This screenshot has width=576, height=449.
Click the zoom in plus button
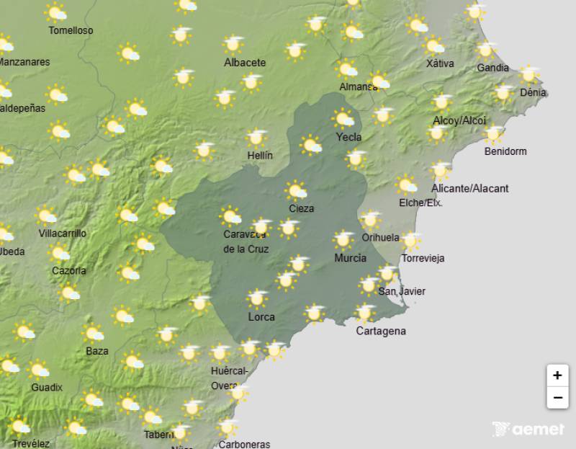[x=557, y=375]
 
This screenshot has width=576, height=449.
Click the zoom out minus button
[x=557, y=397]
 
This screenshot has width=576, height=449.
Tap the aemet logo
[x=528, y=430]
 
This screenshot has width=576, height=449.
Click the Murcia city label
[x=350, y=258]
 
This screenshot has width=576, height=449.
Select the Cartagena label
[x=381, y=332]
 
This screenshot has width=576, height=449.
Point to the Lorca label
[x=261, y=316]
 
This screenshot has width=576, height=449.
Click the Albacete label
[x=245, y=63]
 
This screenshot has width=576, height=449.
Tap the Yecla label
[x=348, y=137]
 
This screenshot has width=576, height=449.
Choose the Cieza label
[x=301, y=209]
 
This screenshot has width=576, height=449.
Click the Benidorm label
[x=505, y=151]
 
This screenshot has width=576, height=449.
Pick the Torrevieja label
[x=423, y=258]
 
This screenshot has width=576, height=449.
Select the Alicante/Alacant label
[x=469, y=189]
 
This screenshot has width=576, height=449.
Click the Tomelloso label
[x=71, y=31]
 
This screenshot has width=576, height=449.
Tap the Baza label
[x=97, y=351]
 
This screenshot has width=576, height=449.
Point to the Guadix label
[x=47, y=387]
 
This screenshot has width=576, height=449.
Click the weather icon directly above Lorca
[x=257, y=298]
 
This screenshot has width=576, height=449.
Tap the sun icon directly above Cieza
[x=296, y=191]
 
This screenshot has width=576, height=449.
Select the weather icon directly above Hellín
[x=256, y=138]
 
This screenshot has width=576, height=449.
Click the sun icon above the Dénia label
[x=529, y=74]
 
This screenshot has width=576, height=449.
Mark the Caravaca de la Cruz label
[x=246, y=242]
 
